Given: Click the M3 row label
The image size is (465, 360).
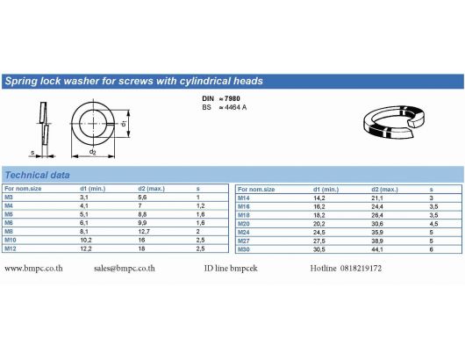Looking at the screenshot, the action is coord(9,197).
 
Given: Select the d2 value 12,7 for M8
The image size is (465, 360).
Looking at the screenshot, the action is coord(144,231).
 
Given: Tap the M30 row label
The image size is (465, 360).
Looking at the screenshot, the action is coord(244,249).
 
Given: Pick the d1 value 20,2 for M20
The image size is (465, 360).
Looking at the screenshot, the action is coord(319,224).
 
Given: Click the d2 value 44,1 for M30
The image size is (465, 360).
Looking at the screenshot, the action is coord(377,249).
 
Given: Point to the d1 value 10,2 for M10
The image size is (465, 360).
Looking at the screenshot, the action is coord(86,240).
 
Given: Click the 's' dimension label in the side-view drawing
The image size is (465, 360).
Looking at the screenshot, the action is coord(32,152).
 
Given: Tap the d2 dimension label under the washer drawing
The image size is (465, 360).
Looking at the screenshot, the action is coord(93,152).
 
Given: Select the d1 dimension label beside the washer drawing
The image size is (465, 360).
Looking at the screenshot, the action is coord(124,123).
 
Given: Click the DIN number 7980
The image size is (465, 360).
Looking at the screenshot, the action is coord(232,98).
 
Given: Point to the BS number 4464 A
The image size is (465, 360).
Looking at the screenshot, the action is coord(235,107).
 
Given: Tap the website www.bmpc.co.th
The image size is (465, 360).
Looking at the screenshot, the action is coord(33,269).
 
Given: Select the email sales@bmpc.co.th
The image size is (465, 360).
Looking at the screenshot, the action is coord(125,269).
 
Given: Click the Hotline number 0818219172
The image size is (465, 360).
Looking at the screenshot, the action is coord(361,269).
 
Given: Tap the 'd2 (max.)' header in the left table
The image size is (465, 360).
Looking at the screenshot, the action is coord(151,189).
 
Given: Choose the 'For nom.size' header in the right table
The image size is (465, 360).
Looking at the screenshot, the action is coord(256,190).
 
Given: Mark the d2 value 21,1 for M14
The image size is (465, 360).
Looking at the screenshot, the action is coord(377,198).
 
